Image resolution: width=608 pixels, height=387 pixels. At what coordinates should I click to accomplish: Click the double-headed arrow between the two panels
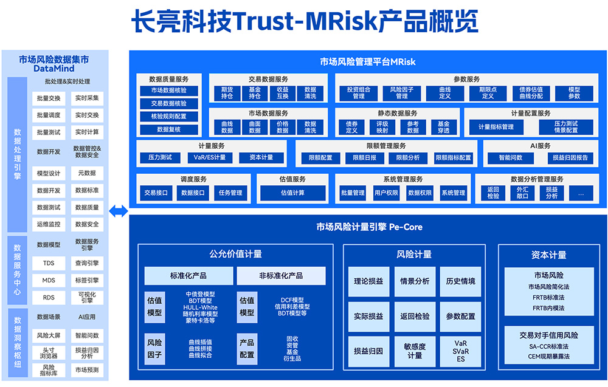118,211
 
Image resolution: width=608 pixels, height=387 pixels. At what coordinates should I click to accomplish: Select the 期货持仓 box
227,92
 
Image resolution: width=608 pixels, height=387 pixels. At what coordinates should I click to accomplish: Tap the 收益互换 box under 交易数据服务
283,92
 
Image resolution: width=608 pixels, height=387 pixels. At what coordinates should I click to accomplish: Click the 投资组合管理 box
359,92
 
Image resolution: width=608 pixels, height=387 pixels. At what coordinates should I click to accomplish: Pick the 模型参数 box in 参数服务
574,92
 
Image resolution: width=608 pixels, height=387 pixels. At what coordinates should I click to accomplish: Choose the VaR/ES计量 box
210,157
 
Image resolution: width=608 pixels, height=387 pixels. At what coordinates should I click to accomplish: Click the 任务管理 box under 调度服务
230,193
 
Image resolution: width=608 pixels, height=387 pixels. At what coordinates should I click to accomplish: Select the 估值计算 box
292,193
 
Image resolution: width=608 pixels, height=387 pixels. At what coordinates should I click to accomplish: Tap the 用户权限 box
386,193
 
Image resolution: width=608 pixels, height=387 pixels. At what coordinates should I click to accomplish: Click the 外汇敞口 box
522,193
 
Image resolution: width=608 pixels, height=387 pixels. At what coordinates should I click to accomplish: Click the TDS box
49,264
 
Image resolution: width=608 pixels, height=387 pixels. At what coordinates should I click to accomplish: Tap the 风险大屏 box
49,335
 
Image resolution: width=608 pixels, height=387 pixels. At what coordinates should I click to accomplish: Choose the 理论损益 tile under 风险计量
368,281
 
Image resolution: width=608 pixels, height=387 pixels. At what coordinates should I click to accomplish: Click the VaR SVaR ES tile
461,351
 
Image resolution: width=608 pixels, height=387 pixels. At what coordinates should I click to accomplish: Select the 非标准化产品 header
281,275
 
